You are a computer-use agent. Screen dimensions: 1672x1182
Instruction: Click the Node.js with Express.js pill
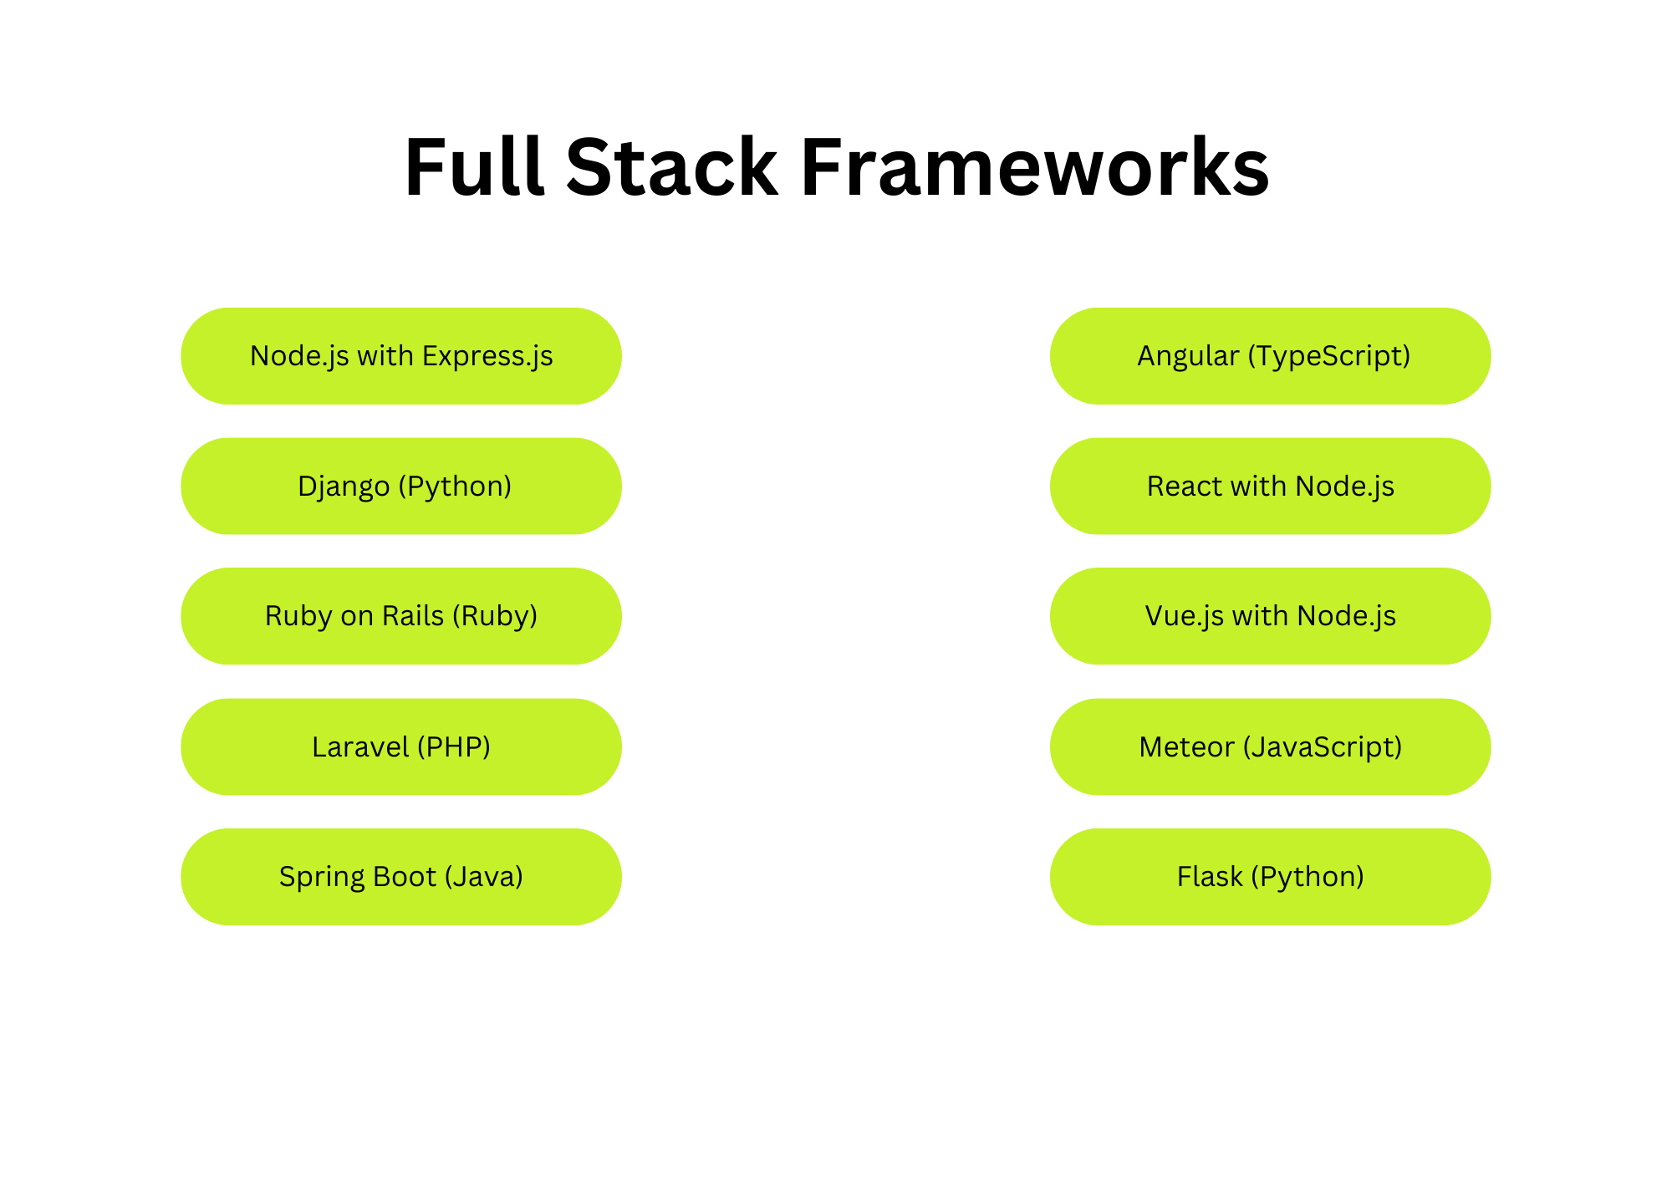[x=401, y=356]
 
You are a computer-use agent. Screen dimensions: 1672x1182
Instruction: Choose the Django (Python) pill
[x=401, y=487]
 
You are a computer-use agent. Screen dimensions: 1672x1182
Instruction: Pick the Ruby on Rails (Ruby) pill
[x=401, y=616]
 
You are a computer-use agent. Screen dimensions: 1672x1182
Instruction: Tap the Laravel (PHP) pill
[x=401, y=746]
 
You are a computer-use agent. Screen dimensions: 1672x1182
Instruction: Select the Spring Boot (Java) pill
[x=401, y=877]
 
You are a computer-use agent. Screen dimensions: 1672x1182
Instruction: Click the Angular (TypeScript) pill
[x=1271, y=356]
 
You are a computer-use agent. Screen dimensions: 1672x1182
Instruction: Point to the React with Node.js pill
[x=1271, y=487]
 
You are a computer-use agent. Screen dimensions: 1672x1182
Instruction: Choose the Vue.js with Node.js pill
[x=1271, y=616]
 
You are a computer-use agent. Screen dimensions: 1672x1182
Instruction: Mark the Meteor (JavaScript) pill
[x=1271, y=746]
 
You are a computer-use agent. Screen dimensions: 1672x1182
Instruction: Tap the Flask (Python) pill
[x=1271, y=877]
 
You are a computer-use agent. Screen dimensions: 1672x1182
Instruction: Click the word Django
[x=344, y=487]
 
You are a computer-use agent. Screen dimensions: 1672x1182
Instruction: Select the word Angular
[x=1188, y=358]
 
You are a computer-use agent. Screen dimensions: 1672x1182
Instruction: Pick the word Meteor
[x=1186, y=746]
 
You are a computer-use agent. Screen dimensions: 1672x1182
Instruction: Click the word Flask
[x=1210, y=876]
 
